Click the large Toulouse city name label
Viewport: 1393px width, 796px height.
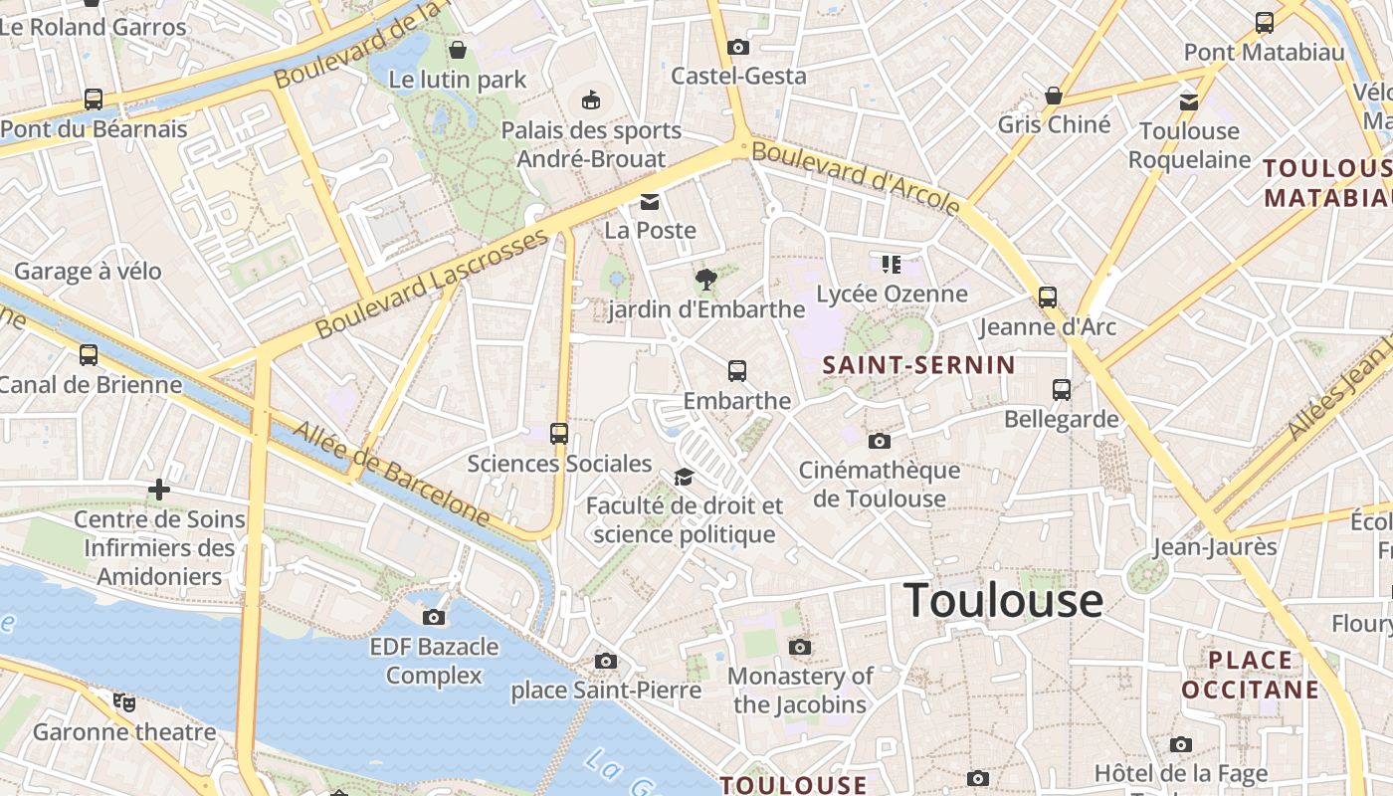point(1003,601)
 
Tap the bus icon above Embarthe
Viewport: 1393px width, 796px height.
point(737,371)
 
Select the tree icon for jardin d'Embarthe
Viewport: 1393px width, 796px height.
point(706,280)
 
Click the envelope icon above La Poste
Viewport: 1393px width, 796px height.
point(650,202)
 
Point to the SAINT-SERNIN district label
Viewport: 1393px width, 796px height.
point(918,365)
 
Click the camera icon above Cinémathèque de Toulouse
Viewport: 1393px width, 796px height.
point(879,441)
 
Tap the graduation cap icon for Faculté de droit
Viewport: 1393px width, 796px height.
point(684,477)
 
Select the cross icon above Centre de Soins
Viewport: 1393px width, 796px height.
point(158,490)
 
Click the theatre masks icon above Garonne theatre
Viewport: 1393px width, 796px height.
point(124,702)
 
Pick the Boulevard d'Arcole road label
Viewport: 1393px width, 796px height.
point(856,178)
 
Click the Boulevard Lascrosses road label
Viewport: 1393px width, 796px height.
point(432,284)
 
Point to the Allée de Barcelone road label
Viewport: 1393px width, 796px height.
point(392,474)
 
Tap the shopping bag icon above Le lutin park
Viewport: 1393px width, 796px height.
point(458,49)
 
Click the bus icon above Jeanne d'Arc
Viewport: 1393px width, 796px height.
point(1047,297)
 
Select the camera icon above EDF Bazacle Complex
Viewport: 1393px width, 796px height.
point(434,617)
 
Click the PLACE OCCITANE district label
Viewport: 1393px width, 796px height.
point(1250,675)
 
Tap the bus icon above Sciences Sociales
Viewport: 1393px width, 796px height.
point(559,433)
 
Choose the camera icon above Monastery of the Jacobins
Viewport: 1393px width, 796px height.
point(800,647)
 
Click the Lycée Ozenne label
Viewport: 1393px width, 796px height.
point(892,294)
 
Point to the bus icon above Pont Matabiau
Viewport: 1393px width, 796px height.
point(1264,22)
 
